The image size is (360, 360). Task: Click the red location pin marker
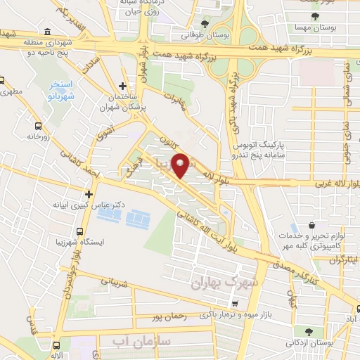pyautogui.click(x=181, y=166)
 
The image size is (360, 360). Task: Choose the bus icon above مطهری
pyautogui.click(x=2, y=80)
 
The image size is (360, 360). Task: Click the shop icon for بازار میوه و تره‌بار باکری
pyautogui.click(x=234, y=304)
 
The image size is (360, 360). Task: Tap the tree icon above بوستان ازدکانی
pyautogui.click(x=309, y=331)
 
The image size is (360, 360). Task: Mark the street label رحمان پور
pyautogui.click(x=173, y=317)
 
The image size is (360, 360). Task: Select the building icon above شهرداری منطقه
pyautogui.click(x=46, y=32)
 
